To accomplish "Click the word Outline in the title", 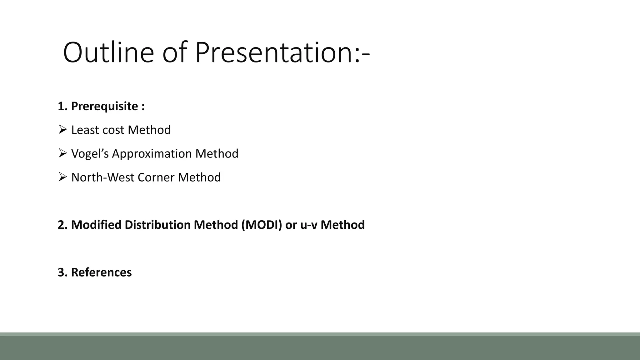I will pyautogui.click(x=108, y=52).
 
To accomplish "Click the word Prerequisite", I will pyautogui.click(x=104, y=106).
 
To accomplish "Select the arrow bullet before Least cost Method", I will pyautogui.click(x=62, y=129).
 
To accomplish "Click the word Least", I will pyautogui.click(x=82, y=130).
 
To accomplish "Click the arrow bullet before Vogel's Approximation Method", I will pyautogui.click(x=62, y=153).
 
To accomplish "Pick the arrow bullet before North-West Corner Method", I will pyautogui.click(x=62, y=177).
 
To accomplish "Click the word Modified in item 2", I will pyautogui.click(x=96, y=225).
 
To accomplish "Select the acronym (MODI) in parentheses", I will pyautogui.click(x=261, y=225).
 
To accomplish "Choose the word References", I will pyautogui.click(x=101, y=272).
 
